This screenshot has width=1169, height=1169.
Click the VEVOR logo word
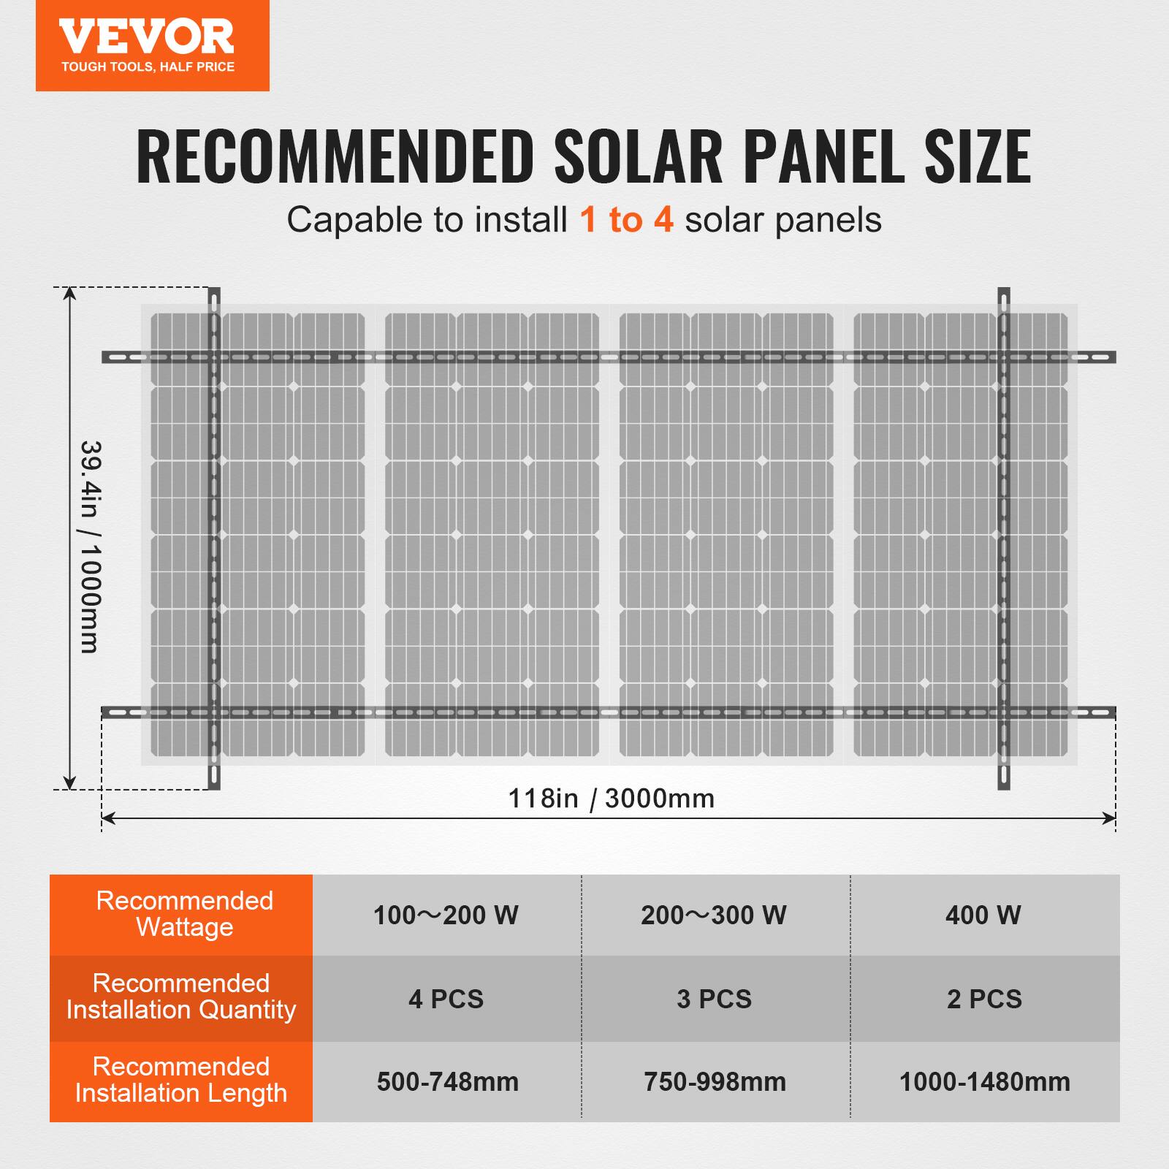click(147, 37)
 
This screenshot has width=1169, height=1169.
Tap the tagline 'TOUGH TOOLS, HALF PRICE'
click(148, 67)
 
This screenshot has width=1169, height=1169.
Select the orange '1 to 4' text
click(626, 220)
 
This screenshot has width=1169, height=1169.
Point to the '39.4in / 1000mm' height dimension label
click(89, 546)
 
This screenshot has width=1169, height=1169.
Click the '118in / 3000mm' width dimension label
click(611, 799)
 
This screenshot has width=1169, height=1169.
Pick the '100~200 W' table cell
click(446, 915)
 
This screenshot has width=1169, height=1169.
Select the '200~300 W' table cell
click(714, 915)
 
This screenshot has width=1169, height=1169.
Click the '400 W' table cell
click(983, 915)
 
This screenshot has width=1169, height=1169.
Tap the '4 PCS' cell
click(446, 999)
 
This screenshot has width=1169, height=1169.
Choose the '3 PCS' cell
click(714, 999)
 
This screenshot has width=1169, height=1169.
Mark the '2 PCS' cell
click(984, 999)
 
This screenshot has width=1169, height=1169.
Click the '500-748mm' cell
click(448, 1082)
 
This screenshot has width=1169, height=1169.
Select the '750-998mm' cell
click(715, 1082)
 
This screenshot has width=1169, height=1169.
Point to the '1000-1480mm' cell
click(984, 1082)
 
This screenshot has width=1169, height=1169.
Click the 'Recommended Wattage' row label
click(184, 914)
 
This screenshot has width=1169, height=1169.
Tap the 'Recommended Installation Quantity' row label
click(181, 997)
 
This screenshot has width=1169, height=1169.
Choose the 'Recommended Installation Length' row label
click(181, 1080)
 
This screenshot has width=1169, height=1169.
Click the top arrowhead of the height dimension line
click(69, 293)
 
